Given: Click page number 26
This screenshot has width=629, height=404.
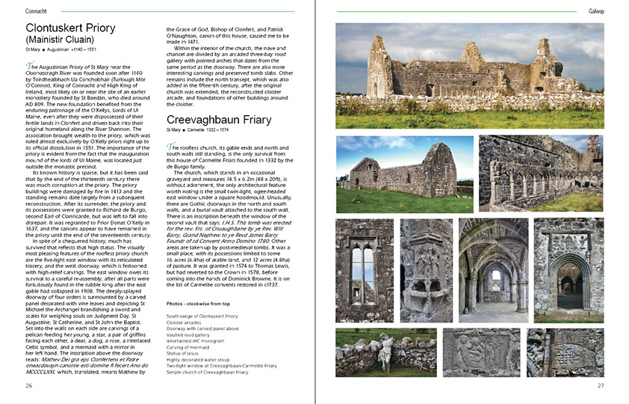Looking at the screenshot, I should click(x=28, y=385).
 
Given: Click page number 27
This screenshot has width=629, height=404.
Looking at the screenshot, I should click(x=600, y=385).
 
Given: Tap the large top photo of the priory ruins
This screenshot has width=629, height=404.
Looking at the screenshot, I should click(x=469, y=75).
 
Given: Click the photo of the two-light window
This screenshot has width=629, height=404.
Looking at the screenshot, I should click(x=363, y=269).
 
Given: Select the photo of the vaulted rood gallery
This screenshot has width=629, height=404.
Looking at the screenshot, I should click(x=493, y=269).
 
